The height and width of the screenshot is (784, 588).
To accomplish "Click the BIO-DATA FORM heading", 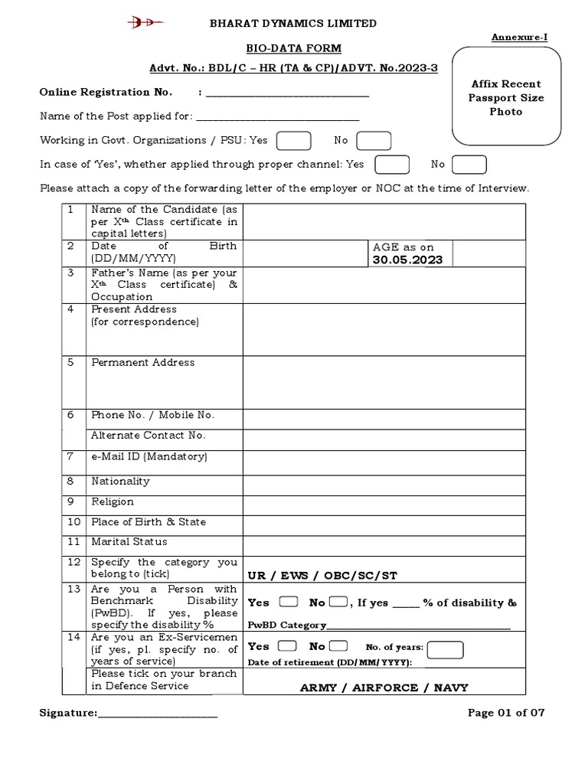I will (294, 48).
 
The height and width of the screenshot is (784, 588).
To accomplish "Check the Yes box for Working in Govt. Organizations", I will (293, 141).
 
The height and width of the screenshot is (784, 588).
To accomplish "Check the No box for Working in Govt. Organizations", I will (374, 141).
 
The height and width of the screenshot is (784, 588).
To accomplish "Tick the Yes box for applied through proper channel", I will (391, 165).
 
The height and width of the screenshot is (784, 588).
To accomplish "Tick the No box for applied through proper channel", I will (469, 165).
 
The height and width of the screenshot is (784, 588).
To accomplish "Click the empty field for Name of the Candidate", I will (384, 222).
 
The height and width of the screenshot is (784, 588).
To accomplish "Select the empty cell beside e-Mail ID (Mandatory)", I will (384, 461).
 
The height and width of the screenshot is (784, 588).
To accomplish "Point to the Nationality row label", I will (120, 482).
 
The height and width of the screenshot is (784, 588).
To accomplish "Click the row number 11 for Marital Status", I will (73, 542).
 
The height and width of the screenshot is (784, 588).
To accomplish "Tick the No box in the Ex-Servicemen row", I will (337, 646).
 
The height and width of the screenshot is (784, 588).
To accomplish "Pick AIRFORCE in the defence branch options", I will (384, 688).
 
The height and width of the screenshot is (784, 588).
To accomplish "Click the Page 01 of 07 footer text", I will (506, 713).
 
